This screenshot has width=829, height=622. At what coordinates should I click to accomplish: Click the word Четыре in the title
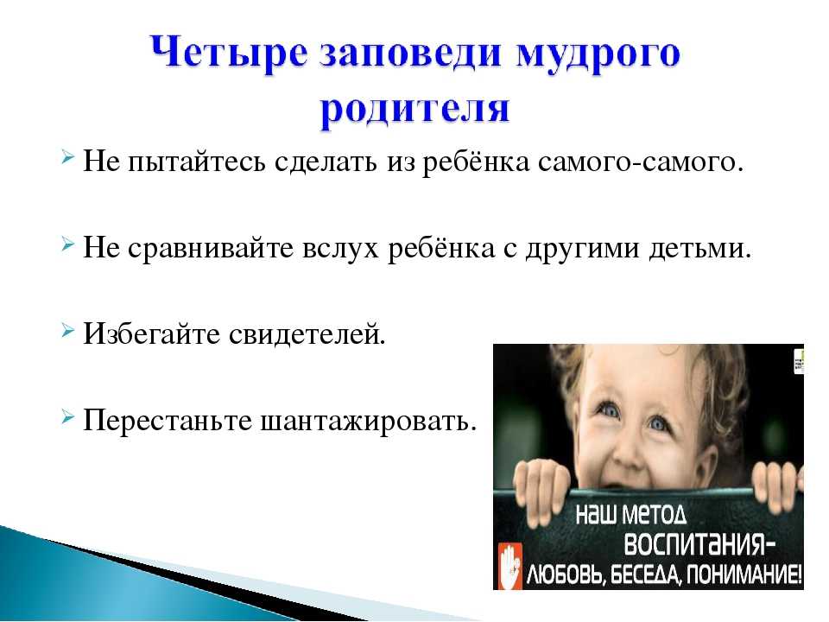(x=228, y=54)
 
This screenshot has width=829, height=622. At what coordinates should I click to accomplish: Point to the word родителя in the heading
(x=415, y=110)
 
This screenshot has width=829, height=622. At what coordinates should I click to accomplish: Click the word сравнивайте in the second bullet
(x=211, y=249)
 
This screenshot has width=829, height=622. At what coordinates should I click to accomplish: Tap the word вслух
(x=341, y=249)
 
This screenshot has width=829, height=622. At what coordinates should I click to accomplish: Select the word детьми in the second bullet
(x=700, y=249)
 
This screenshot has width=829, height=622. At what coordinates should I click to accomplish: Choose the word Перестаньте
(x=167, y=421)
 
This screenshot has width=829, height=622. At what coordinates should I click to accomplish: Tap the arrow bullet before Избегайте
(x=67, y=331)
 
